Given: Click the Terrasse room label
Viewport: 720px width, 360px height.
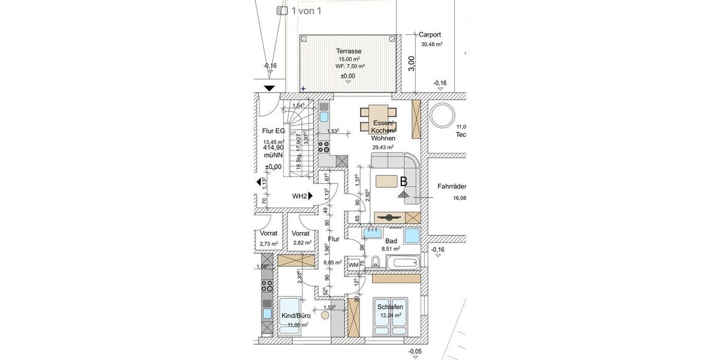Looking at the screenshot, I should (x=349, y=52).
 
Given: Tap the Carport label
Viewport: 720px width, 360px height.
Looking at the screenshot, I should (x=430, y=35).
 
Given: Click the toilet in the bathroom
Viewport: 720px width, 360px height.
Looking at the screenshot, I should (x=374, y=261).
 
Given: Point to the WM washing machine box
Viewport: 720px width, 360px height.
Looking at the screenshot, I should (x=353, y=264).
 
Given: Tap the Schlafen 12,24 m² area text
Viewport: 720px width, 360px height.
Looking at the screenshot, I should (x=391, y=314).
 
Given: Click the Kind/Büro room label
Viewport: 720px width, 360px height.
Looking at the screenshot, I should (x=296, y=315).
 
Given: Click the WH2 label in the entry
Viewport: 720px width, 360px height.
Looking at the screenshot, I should (x=299, y=196).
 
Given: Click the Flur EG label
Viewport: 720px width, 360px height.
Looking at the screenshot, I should (x=273, y=130).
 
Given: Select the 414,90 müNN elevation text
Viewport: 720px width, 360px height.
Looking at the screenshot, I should (x=273, y=151).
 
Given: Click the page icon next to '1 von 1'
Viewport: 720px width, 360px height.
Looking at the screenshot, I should (x=282, y=10).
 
